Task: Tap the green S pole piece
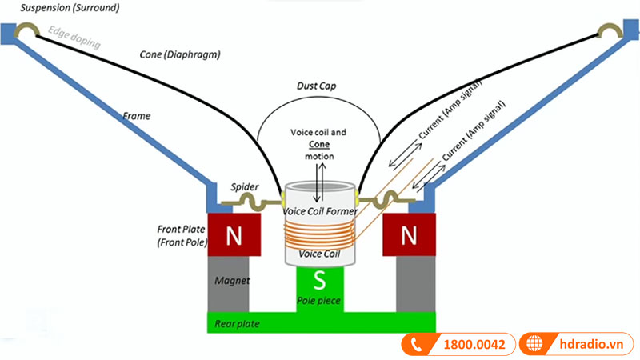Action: [320, 281]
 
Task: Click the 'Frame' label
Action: [136, 116]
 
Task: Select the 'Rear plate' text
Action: [237, 323]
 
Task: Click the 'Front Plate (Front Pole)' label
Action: [182, 235]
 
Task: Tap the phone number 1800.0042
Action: [474, 345]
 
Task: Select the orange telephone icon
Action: [416, 345]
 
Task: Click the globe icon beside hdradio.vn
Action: [534, 345]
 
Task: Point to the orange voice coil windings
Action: [320, 234]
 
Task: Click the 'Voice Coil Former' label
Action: [320, 211]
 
